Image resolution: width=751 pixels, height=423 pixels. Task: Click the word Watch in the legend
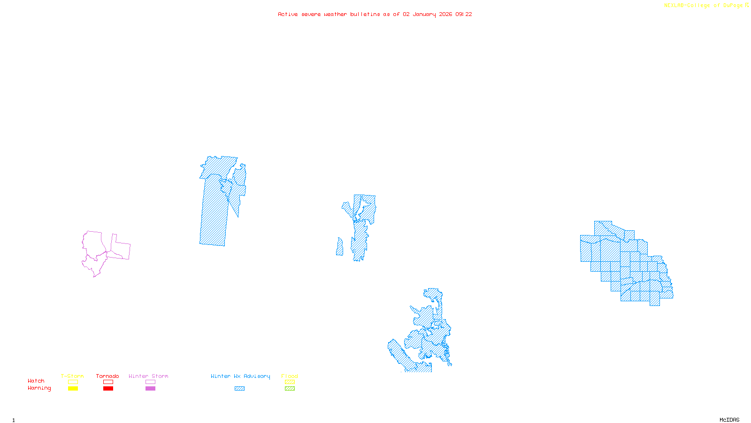36,381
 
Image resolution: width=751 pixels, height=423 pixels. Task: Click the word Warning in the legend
39,388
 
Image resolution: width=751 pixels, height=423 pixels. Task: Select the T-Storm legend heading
72,376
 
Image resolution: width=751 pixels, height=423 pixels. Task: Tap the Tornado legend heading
107,376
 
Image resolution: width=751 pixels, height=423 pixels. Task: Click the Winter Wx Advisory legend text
240,376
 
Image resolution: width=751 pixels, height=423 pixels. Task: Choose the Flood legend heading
290,376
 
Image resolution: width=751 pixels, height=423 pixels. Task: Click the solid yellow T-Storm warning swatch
73,389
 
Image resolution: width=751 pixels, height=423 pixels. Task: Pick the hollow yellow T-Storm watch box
73,382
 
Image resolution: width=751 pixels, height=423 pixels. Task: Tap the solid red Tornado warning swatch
108,389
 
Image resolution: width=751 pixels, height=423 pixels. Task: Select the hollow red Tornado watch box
108,382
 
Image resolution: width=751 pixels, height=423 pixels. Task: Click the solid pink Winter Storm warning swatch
150,389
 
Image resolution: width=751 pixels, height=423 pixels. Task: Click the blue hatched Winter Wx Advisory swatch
239,389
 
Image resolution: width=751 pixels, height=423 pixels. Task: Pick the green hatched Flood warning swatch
290,389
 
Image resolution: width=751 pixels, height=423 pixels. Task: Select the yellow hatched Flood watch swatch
290,382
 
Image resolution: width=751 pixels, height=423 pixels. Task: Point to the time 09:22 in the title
464,14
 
